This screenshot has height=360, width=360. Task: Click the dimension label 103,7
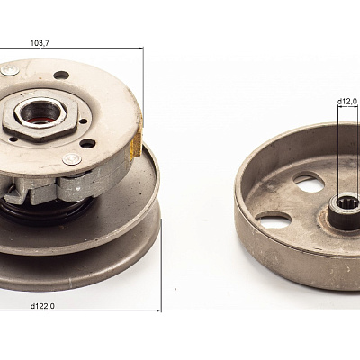[40, 43]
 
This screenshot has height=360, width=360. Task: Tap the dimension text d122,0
[42, 306]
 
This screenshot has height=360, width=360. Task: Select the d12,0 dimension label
[347, 102]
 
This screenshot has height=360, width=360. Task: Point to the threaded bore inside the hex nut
[40, 112]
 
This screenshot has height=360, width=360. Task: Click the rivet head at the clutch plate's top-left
[10, 70]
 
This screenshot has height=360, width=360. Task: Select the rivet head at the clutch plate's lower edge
[72, 158]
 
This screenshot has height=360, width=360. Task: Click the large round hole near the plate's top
[61, 75]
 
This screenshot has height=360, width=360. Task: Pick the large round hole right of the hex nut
[88, 144]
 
